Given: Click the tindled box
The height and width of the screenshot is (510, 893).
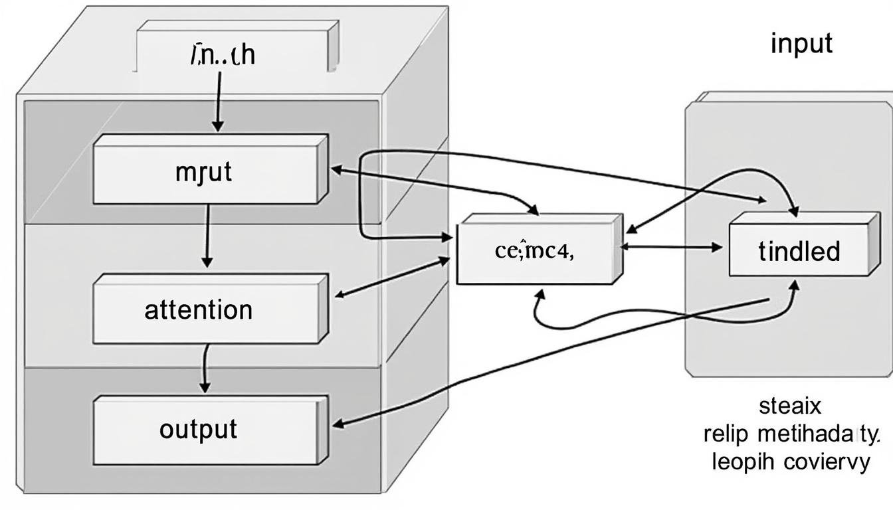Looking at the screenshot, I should click(x=799, y=252).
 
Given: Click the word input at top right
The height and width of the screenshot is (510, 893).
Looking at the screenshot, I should click(x=801, y=44).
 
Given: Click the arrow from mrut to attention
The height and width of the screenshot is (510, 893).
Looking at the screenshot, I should click(x=208, y=236).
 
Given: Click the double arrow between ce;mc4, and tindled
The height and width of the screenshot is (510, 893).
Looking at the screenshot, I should click(x=671, y=247).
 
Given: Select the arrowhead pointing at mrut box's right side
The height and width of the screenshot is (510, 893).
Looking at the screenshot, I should click(x=336, y=169).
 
